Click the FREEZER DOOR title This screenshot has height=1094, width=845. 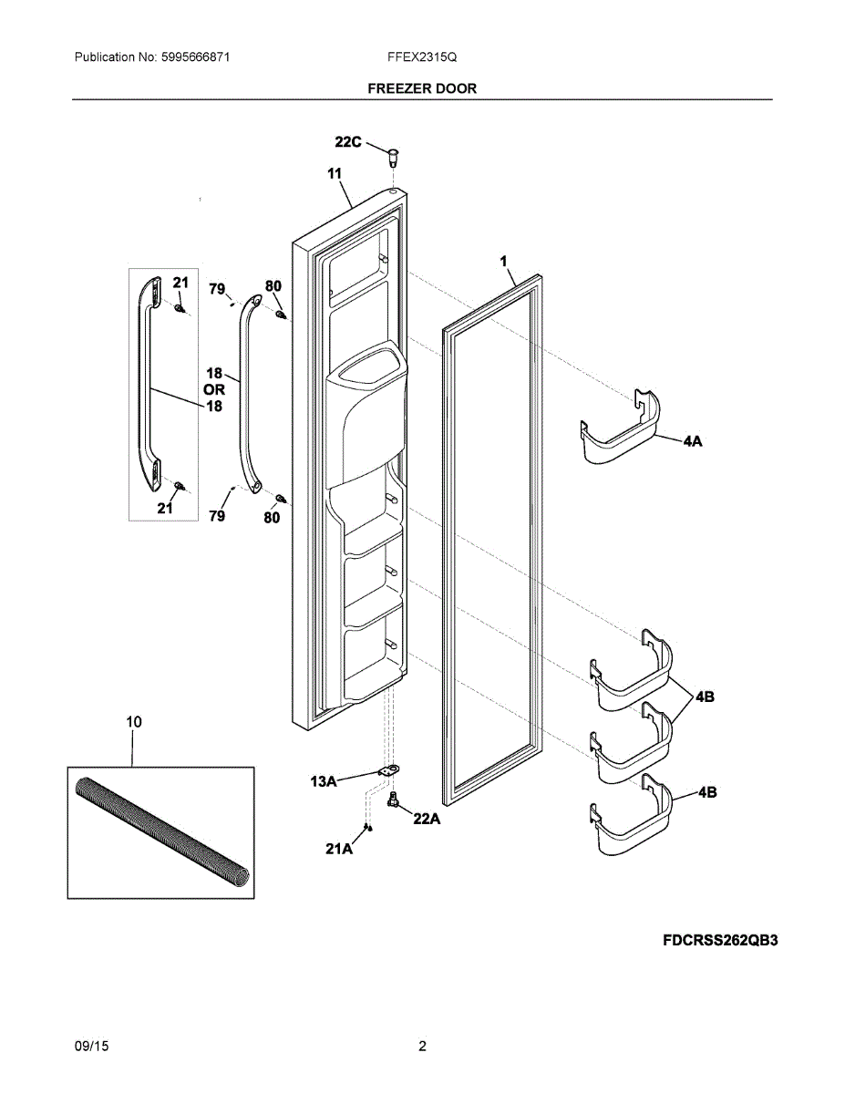(x=422, y=88)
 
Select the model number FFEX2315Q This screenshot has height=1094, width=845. (x=421, y=57)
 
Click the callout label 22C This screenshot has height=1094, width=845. (x=347, y=141)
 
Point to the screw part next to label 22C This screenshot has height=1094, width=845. (x=394, y=156)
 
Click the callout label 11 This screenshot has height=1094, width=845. (x=334, y=173)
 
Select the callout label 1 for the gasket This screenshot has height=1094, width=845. (x=502, y=262)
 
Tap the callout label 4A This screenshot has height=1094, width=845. (x=692, y=440)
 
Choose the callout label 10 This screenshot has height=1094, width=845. (x=133, y=722)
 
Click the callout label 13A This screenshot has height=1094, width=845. (x=324, y=780)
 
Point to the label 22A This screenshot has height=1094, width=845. (x=427, y=819)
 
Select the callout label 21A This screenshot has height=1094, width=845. (x=338, y=849)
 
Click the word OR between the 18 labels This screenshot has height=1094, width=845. (x=213, y=389)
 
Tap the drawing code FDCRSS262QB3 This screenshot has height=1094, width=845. (x=720, y=940)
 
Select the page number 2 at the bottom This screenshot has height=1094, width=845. (x=422, y=1047)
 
